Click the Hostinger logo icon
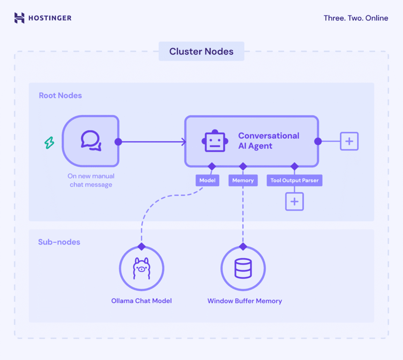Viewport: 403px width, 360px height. coord(19,18)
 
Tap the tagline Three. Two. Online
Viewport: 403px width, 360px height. coord(356,18)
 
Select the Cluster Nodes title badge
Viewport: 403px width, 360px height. coord(201,52)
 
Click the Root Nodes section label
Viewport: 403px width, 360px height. coord(60,96)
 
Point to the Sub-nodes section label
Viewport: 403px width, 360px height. coord(59,242)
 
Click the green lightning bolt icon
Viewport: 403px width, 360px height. coord(49,142)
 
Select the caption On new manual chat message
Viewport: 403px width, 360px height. coord(91,180)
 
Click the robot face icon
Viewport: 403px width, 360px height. coord(215,141)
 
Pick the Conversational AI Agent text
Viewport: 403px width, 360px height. coord(269,141)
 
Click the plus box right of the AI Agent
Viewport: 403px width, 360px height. coord(349,141)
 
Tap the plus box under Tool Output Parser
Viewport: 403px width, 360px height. coord(294,202)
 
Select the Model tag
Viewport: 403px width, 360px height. coord(208,180)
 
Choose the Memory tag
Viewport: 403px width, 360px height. coord(243,180)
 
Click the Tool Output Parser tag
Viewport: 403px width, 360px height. coord(294,180)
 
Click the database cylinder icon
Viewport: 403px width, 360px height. coord(243,269)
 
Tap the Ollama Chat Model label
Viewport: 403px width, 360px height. coord(141,301)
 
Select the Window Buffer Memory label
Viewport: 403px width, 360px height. coord(245,301)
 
